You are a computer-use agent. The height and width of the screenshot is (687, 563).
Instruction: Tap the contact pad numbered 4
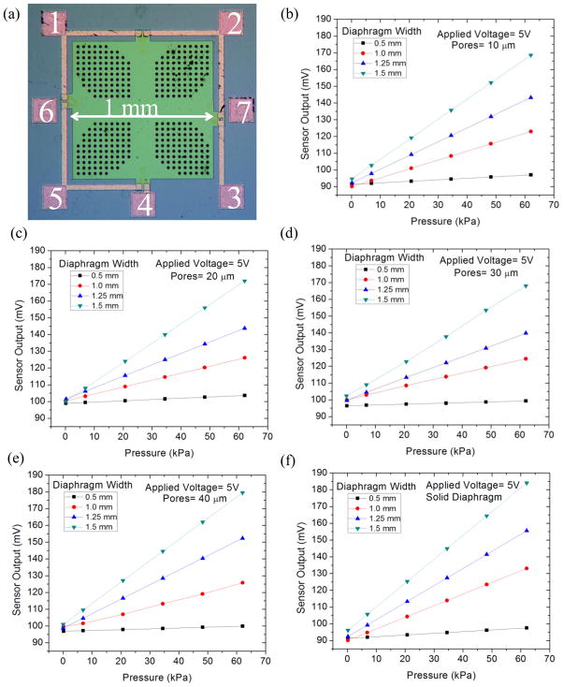point(142,198)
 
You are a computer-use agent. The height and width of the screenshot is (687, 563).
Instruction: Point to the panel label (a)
point(13,13)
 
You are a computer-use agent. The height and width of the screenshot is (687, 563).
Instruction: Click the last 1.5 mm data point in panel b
point(531,55)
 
